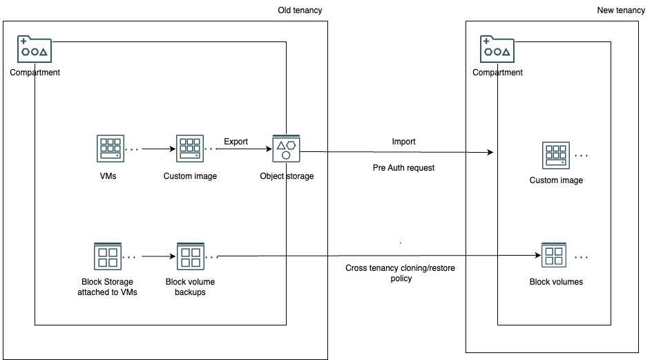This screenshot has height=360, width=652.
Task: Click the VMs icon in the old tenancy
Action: (110, 149)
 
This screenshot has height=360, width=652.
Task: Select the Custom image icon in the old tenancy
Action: (190, 149)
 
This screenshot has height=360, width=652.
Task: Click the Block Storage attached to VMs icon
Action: (107, 256)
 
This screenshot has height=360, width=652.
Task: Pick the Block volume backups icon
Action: (190, 256)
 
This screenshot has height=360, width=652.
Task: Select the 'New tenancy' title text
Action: (620, 10)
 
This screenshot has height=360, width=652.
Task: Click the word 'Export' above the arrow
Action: (236, 142)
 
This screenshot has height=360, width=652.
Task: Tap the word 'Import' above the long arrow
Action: (403, 142)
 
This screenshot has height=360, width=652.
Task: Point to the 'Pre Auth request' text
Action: (403, 168)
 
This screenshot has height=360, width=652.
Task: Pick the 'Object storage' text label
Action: (287, 176)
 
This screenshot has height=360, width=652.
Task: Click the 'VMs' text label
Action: (109, 176)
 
